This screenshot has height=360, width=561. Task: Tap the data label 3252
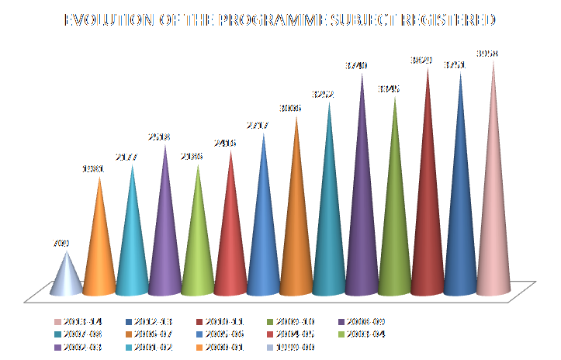[330, 94]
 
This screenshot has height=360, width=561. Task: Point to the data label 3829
[428, 61]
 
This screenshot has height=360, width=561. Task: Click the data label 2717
[264, 125]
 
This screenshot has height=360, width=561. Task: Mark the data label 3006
[296, 108]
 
